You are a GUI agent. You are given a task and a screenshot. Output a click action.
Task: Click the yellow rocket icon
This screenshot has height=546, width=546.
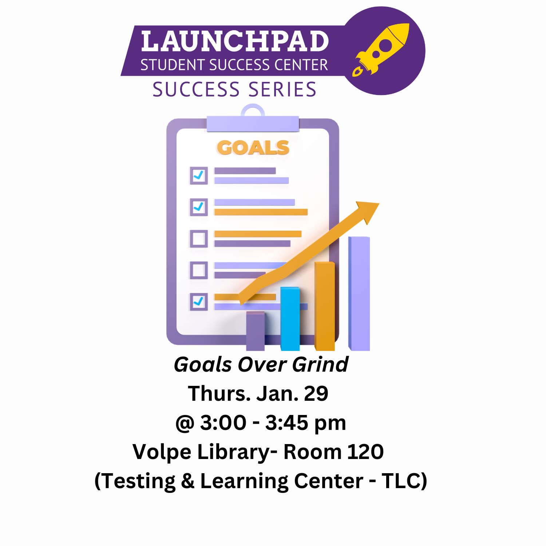click(x=380, y=50)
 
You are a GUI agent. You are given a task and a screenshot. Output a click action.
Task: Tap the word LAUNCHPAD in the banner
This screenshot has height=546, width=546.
click(x=235, y=41)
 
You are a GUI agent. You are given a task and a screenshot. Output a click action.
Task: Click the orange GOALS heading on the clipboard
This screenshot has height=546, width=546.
click(x=253, y=148)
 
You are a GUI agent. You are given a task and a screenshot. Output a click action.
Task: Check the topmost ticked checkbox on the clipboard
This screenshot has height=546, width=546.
click(x=199, y=175)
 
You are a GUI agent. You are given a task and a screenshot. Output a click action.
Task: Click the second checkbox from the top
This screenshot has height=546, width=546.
click(x=199, y=207)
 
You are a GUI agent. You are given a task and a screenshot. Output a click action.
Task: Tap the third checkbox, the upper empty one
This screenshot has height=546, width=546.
click(x=199, y=239)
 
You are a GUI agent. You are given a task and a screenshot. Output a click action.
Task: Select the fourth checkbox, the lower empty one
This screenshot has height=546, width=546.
click(x=199, y=270)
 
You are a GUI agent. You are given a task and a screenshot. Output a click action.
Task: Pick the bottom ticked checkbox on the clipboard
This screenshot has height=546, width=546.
click(x=199, y=302)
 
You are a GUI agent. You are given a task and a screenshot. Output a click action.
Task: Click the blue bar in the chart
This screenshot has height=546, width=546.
click(x=290, y=319)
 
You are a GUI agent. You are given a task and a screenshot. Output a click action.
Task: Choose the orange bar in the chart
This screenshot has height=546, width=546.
click(x=325, y=306)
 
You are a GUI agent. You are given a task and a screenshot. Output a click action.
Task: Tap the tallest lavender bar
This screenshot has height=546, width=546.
click(x=359, y=294)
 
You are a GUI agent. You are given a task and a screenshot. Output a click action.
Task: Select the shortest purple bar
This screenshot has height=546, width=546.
click(x=256, y=331)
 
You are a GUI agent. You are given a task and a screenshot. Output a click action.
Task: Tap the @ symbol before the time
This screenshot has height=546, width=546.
click(x=185, y=423)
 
